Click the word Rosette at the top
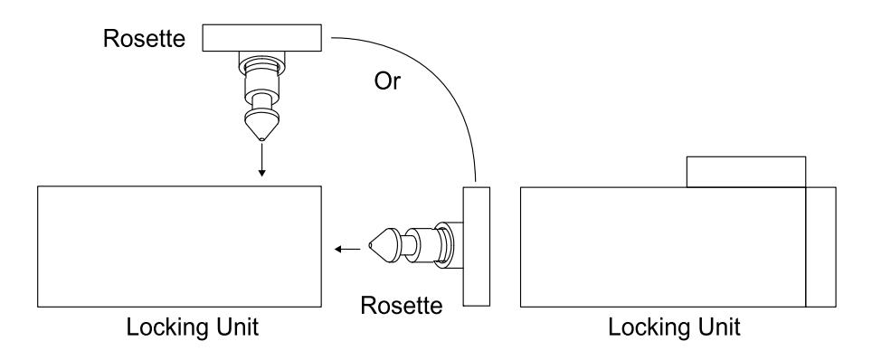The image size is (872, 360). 144,38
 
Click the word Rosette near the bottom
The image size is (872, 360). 402,305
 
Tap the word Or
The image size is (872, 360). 387,81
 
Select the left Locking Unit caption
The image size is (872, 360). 193,327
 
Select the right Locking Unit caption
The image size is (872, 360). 674,327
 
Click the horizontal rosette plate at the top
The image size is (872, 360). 262,38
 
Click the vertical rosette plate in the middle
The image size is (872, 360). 477,247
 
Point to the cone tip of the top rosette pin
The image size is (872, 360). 262,139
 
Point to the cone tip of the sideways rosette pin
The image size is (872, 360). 370,245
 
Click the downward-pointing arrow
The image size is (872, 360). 262,160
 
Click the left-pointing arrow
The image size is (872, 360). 347,250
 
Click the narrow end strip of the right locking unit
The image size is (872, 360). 820,247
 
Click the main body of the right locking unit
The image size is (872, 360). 663,247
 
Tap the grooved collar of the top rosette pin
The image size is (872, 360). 262,67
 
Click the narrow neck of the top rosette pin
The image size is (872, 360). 262,102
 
